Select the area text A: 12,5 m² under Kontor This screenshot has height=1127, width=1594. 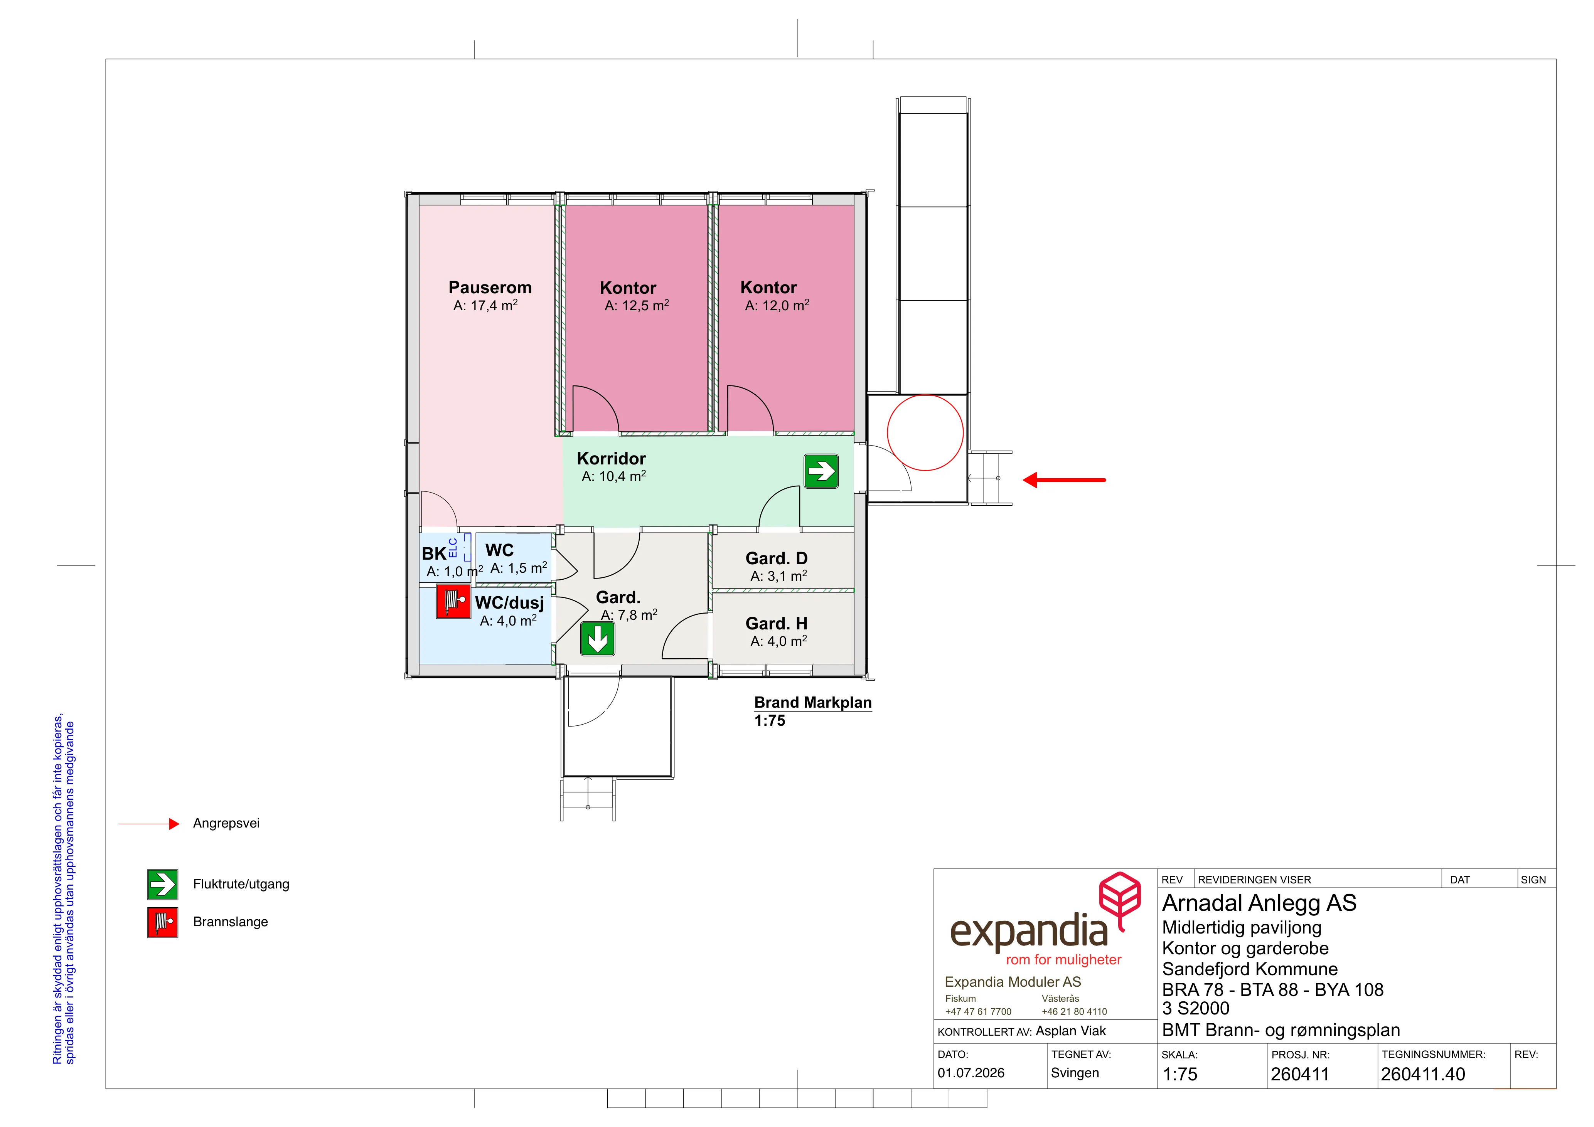[637, 305]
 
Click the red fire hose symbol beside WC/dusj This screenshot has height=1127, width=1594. [453, 601]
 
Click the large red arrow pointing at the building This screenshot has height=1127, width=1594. [1064, 479]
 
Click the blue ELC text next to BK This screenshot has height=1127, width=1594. [453, 548]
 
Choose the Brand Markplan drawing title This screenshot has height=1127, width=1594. [813, 702]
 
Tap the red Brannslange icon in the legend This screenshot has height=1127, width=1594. [162, 922]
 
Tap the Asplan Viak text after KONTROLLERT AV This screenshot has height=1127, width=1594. [1070, 1031]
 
